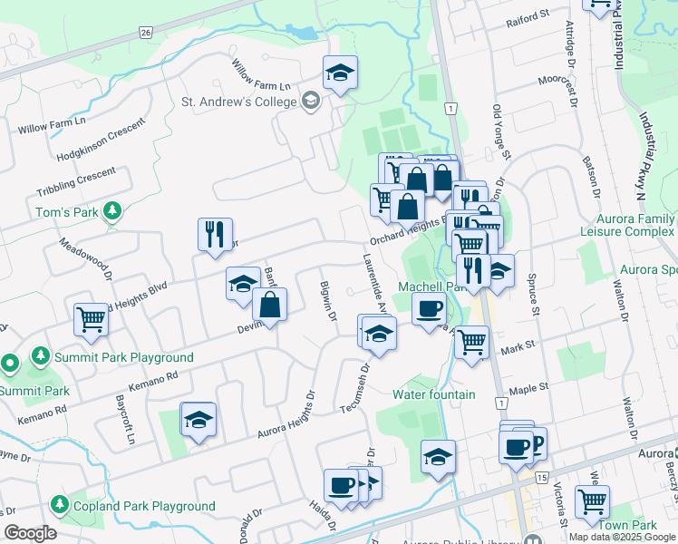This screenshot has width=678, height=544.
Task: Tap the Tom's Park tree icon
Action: click(x=112, y=211)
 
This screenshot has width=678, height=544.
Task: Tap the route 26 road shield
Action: click(x=146, y=32)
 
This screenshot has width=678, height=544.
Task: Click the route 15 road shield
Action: click(x=542, y=477)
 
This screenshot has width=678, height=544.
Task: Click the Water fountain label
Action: click(x=434, y=394)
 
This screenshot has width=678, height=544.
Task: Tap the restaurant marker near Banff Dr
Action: click(x=215, y=233)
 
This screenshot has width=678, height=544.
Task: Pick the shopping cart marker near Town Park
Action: click(x=592, y=500)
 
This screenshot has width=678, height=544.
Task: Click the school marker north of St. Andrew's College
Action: click(x=340, y=73)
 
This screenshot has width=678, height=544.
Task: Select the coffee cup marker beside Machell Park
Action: click(x=429, y=307)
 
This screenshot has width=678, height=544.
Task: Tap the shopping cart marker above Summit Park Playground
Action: click(x=92, y=319)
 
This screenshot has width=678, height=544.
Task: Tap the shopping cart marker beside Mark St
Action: click(x=471, y=342)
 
